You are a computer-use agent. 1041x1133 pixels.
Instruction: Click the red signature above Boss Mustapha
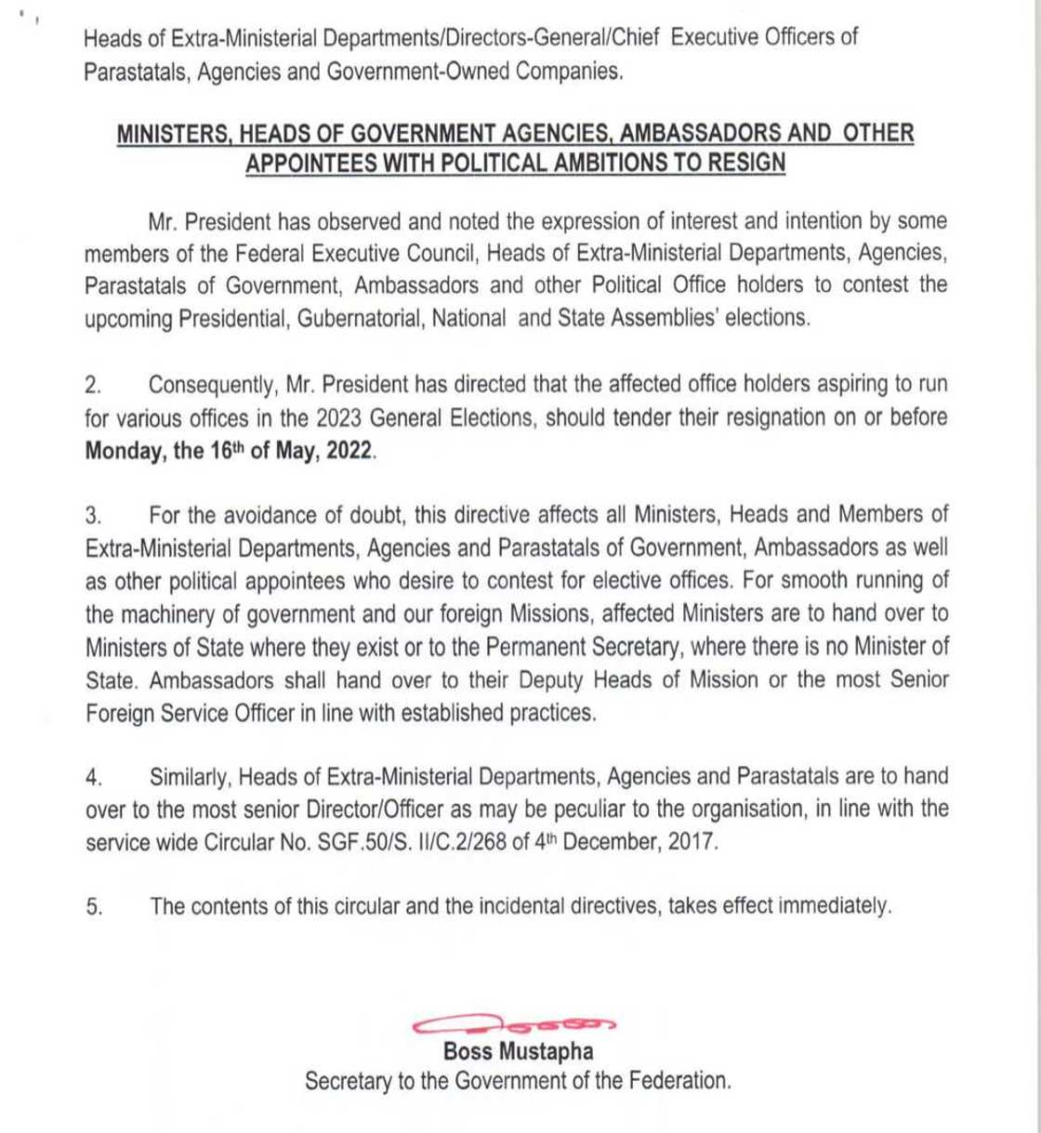point(514,1024)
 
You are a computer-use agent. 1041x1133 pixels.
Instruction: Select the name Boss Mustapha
point(518,1052)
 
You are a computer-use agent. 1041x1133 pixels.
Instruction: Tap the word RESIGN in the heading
point(747,163)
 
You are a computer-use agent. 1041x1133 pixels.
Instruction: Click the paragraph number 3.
point(93,514)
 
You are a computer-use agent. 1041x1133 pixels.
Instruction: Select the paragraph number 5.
point(93,907)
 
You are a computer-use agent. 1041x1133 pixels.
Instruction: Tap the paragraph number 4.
point(93,776)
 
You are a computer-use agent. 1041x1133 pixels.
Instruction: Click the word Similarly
point(193,776)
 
